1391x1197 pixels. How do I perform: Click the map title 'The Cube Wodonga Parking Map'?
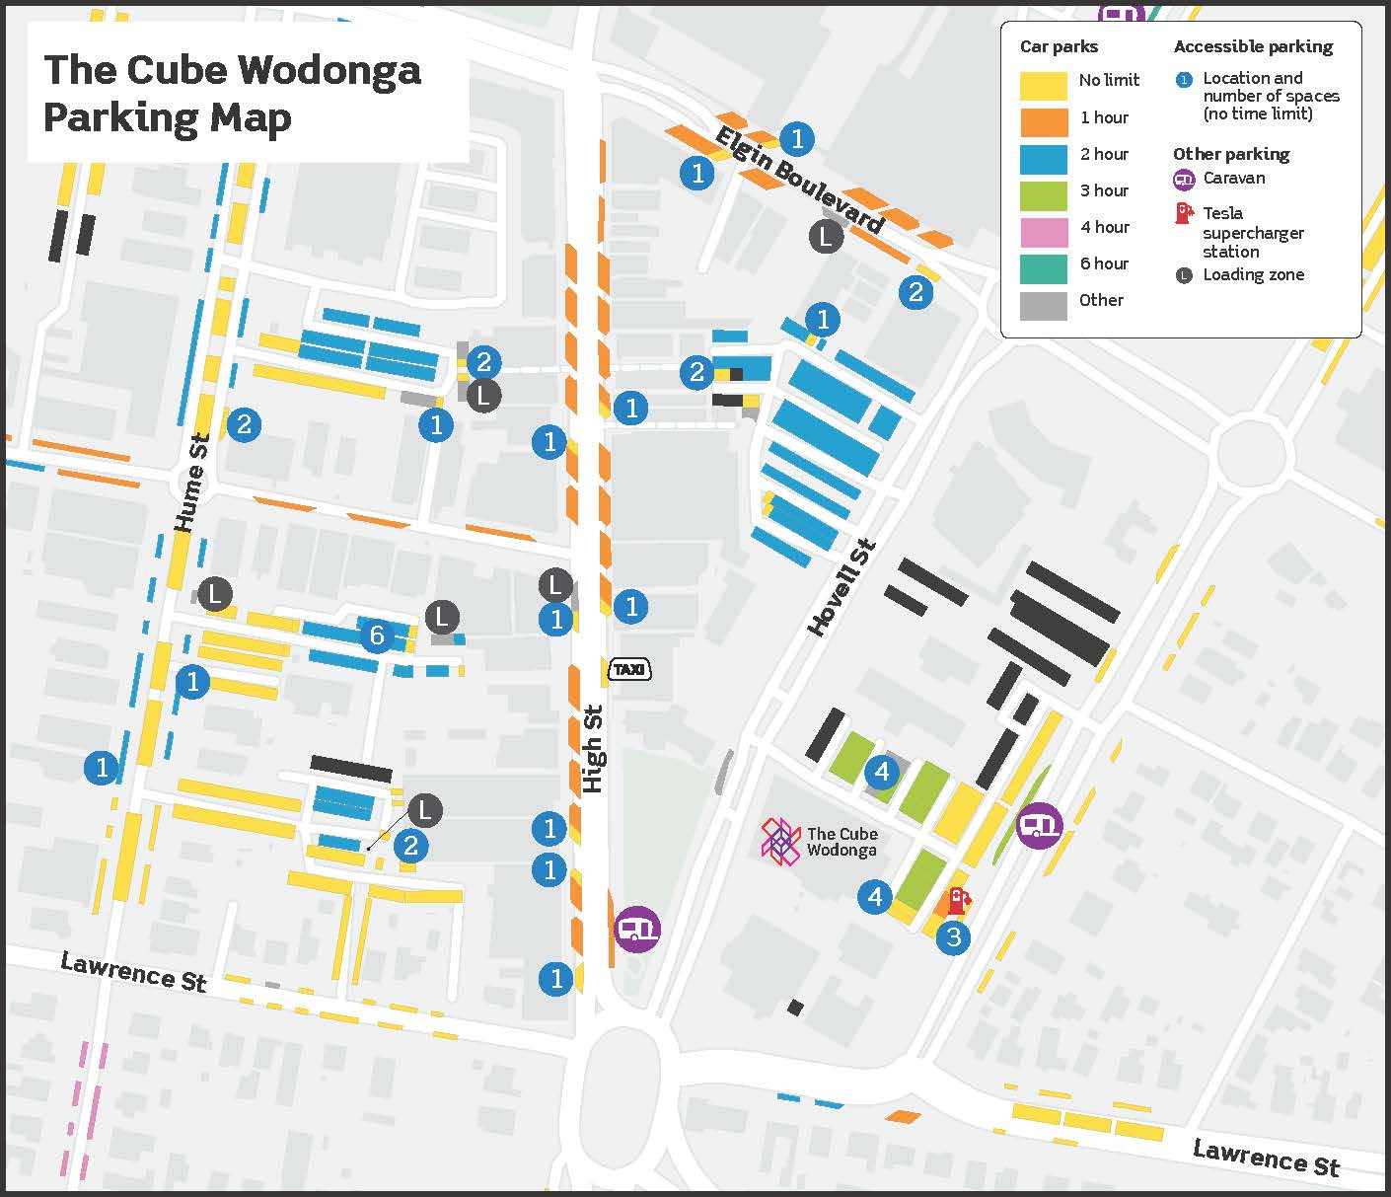[x=232, y=94]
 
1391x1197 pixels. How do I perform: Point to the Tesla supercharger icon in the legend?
[x=1184, y=213]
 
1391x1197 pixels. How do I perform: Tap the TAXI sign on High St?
[x=629, y=670]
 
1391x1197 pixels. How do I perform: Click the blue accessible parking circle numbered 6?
[x=377, y=636]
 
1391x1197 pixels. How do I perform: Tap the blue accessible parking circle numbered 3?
[x=953, y=936]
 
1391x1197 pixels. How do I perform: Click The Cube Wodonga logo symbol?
[x=780, y=841]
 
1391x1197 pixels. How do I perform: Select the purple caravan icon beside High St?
[x=637, y=929]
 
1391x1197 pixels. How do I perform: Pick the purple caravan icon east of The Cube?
[x=1039, y=825]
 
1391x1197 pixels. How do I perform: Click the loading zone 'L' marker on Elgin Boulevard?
[x=826, y=236]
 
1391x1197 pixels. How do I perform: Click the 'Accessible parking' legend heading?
[x=1253, y=46]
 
